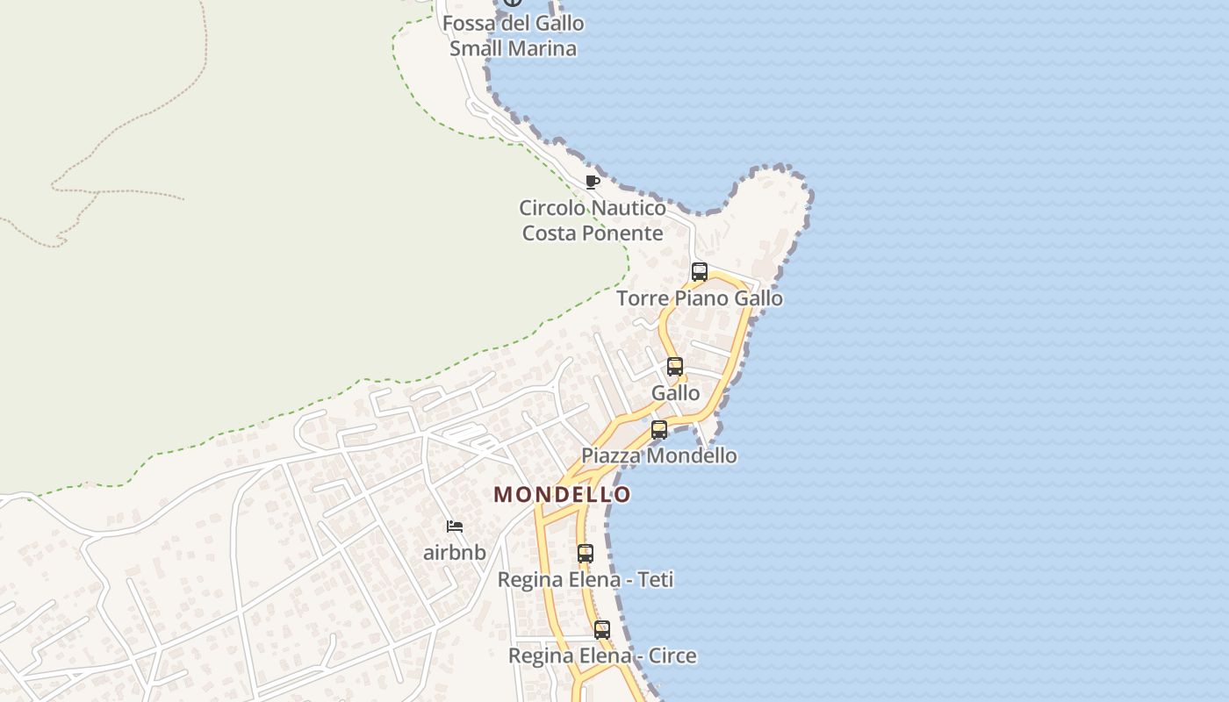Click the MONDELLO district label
562,494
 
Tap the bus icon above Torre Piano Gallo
700,272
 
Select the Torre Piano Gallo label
700,298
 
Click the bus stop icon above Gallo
675,367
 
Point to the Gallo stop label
676,393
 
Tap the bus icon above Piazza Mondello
659,430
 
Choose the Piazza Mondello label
659,455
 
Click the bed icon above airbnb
455,526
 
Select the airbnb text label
455,553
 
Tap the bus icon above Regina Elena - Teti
586,554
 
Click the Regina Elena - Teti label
586,580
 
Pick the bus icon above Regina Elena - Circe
602,629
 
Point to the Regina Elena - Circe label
602,655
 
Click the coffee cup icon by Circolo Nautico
593,182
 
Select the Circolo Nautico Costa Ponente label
593,220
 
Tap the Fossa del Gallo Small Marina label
514,35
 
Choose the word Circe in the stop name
672,655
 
